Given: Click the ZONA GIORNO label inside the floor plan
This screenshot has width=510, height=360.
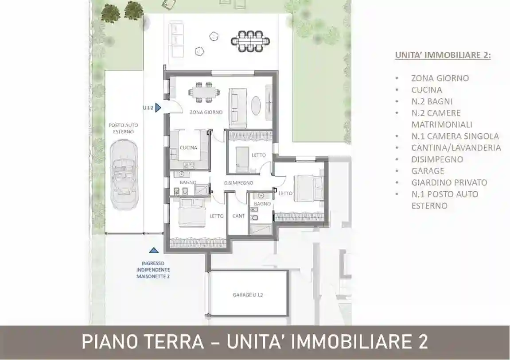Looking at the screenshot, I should tap(206, 112).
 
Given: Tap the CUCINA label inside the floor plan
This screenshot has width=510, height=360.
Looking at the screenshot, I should tap(188, 148).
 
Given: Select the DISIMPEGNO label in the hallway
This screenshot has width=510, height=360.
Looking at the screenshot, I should tap(239, 183).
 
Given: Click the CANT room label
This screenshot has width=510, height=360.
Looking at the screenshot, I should tap(238, 216).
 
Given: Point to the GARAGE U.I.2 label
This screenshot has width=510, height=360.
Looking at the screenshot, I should tap(248, 294).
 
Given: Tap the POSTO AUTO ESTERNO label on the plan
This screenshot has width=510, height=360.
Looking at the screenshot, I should tap(121, 128).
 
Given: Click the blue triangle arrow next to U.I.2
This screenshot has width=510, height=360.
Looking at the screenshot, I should tap(159, 108).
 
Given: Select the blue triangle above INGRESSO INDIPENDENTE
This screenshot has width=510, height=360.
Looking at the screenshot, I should tap(153, 251).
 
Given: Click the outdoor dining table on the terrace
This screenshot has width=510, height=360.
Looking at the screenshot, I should tap(250, 41).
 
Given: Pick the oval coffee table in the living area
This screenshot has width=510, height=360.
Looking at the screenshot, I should tap(257, 106).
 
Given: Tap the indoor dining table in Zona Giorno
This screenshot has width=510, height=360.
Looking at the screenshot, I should tap(204, 93).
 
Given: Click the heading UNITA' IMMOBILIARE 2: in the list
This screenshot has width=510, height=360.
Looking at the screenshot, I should tap(443, 55).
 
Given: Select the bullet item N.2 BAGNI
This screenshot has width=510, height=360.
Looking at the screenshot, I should tap(432, 101).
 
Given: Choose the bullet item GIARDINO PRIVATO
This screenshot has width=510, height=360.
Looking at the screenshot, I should tap(449, 182).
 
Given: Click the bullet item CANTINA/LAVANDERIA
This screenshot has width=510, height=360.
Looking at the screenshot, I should tap(455, 148).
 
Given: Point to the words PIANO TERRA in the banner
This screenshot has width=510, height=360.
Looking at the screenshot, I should tap(143, 342).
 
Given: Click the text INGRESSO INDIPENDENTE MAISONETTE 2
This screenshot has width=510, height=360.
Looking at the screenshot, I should tap(153, 270).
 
